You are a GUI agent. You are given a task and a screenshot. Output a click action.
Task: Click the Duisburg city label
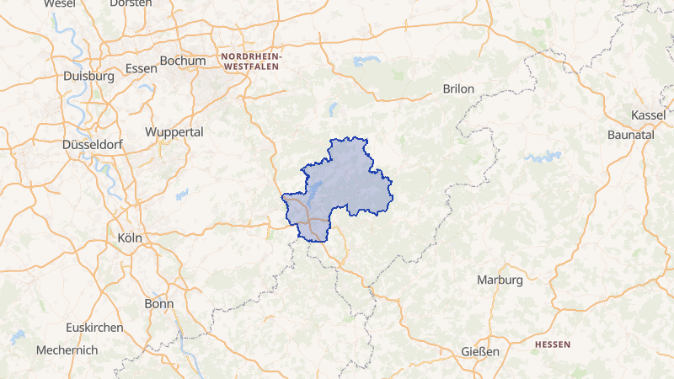[88, 76]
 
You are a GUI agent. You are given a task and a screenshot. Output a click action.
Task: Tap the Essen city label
[140, 68]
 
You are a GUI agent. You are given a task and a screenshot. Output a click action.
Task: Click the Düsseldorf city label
[93, 145]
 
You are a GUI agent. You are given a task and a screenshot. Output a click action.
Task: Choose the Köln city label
[130, 238]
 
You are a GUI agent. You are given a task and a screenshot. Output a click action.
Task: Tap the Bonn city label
[158, 303]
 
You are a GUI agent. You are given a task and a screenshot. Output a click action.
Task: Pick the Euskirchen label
[94, 327]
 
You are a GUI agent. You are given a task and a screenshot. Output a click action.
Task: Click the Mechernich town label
[67, 350]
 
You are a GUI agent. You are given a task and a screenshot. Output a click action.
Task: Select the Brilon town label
[458, 88]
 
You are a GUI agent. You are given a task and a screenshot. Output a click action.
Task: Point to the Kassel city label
[648, 115]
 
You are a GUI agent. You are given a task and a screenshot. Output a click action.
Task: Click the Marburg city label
[500, 280]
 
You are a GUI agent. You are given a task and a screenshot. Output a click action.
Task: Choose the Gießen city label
[480, 351]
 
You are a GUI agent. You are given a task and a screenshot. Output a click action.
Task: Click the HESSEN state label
[553, 344]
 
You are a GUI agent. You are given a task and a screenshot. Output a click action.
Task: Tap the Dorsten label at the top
[131, 3]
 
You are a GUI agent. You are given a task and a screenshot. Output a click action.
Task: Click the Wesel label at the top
[59, 3]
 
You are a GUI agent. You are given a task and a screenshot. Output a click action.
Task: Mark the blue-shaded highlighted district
[345, 181]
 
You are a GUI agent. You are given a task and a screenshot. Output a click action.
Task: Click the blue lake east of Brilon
[543, 157]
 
